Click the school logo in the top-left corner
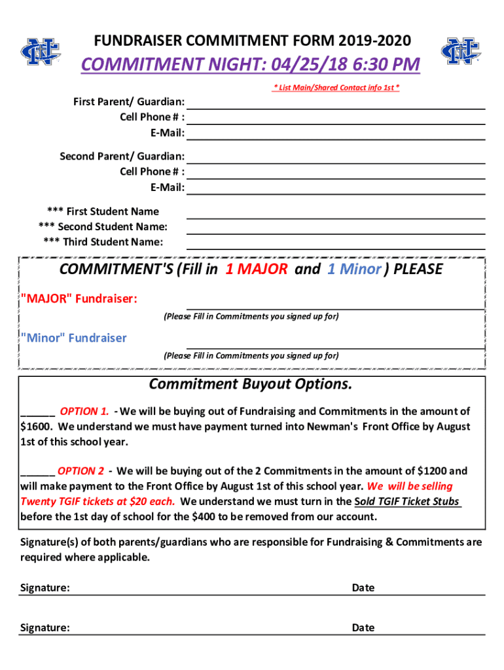[x=40, y=52]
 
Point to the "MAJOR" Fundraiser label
[x=79, y=299]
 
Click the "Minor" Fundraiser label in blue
[x=74, y=338]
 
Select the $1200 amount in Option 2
[x=432, y=471]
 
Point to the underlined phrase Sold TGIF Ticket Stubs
[x=407, y=502]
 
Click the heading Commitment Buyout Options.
[x=251, y=384]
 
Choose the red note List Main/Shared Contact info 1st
[x=336, y=88]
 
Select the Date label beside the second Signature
[x=363, y=627]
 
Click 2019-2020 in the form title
[x=375, y=41]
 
